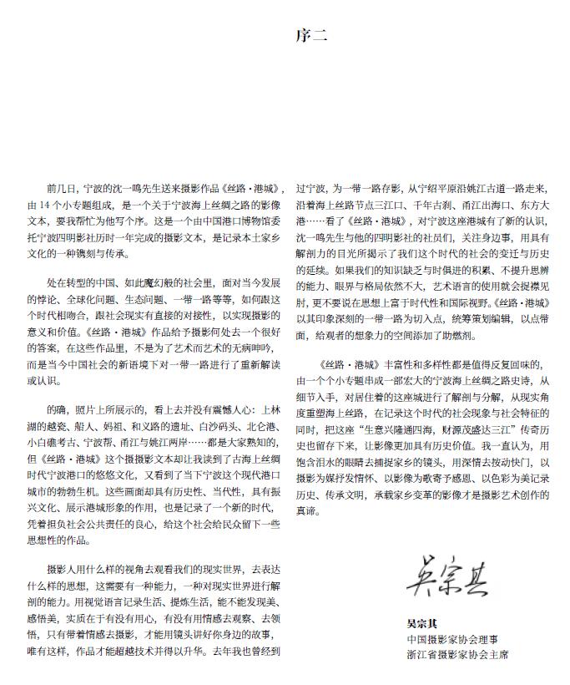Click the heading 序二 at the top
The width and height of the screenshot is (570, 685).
(310, 36)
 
